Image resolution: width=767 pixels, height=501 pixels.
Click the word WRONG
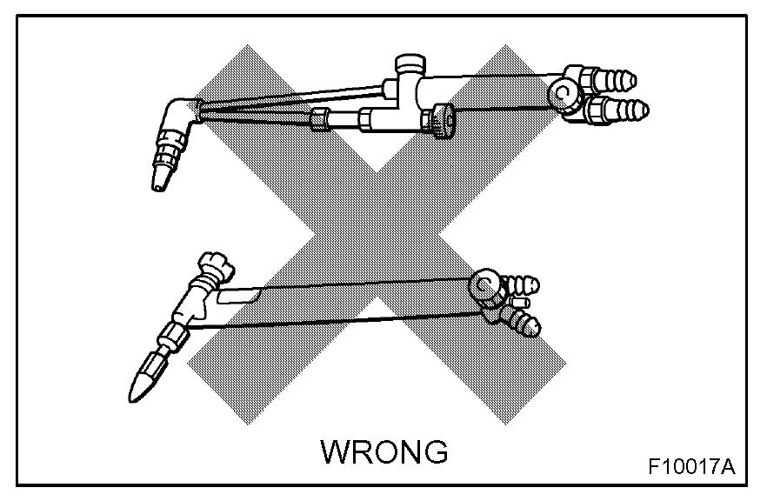click(x=384, y=452)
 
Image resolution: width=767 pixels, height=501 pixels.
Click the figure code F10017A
click(x=691, y=466)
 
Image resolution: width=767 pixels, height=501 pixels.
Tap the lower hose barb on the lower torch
click(x=525, y=325)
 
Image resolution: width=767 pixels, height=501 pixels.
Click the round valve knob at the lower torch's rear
click(x=484, y=284)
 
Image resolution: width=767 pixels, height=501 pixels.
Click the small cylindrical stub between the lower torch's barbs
click(x=521, y=302)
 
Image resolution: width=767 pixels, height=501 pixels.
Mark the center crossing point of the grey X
click(x=374, y=235)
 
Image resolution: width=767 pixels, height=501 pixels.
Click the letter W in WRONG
click(x=336, y=452)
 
